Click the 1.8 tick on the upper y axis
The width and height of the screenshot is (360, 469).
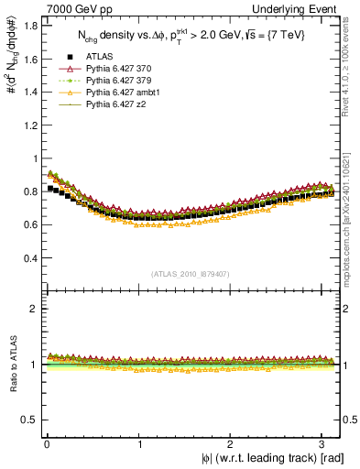pyautogui.click(x=29, y=26)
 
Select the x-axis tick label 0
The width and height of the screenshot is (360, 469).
pyautogui.click(x=46, y=445)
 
